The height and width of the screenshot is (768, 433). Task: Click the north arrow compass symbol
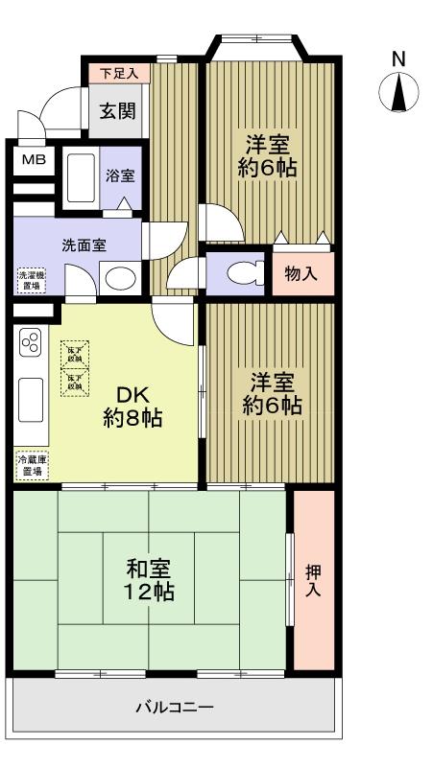click(x=401, y=92)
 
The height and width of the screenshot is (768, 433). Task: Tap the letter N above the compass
click(x=399, y=59)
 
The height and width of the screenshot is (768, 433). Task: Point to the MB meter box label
click(x=34, y=158)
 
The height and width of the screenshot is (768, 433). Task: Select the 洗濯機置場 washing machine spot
click(x=31, y=280)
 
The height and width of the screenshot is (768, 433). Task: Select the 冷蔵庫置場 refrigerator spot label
click(x=31, y=466)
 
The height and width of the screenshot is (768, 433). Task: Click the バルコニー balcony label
click(x=174, y=709)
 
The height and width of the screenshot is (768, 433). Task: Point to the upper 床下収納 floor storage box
click(x=76, y=353)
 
